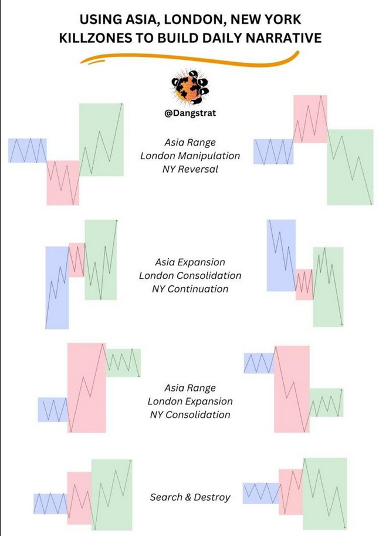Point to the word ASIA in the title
[x=143, y=19]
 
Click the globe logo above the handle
[x=189, y=87]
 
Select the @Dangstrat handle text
[x=190, y=113]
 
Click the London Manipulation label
[x=190, y=156]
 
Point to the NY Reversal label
[x=190, y=169]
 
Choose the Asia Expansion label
[x=190, y=262]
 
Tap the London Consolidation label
[x=190, y=275]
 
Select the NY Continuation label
[x=190, y=289]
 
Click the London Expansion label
[x=190, y=402]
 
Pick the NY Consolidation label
[x=190, y=414]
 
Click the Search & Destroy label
[x=190, y=497]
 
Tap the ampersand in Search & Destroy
[x=188, y=497]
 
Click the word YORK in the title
[x=282, y=19]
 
